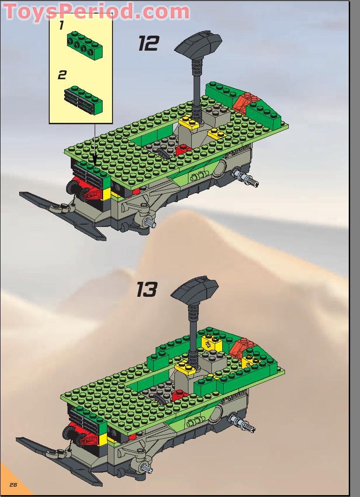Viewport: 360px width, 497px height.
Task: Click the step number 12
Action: pos(149,44)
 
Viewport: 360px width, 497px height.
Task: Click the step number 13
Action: pos(147,289)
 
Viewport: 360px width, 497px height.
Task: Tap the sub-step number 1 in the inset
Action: pos(61,26)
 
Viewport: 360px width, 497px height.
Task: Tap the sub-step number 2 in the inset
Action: pos(62,75)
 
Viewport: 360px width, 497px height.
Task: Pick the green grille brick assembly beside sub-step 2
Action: pos(85,99)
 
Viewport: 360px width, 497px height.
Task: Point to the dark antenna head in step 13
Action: pos(194,291)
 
